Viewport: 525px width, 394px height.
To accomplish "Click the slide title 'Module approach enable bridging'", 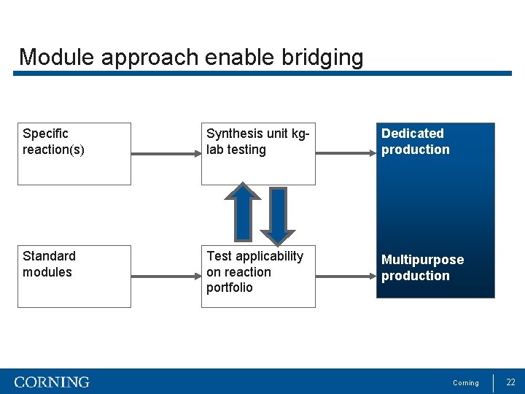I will [191, 57].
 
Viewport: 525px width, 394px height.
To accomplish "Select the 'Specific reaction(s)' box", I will [74, 153].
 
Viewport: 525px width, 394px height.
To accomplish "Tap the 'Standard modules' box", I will [74, 276].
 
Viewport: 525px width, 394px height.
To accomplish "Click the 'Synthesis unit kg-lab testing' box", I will [258, 153].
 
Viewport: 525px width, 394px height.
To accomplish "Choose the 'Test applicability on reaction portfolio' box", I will [258, 276].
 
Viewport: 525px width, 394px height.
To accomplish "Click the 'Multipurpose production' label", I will [422, 268].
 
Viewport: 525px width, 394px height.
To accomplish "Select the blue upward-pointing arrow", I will [243, 212].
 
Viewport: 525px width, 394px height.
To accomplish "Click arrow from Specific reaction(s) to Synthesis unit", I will [166, 154].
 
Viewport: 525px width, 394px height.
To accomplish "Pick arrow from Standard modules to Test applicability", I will [166, 277].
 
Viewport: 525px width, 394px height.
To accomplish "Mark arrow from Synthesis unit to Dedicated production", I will [346, 154].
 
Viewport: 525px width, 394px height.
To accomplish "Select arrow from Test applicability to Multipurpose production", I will [346, 277].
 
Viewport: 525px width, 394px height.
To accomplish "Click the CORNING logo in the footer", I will [52, 382].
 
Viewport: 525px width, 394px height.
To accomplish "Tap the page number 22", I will [510, 382].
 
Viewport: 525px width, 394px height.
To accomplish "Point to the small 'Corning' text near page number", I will [466, 383].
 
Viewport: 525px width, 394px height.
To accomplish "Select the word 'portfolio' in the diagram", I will [230, 287].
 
